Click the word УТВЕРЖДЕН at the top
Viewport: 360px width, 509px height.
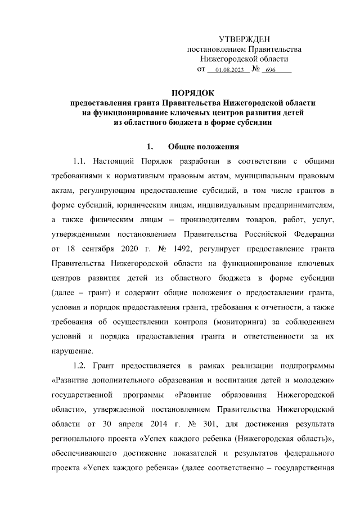coord(244,39)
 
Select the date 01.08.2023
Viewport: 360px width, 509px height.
coord(228,70)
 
